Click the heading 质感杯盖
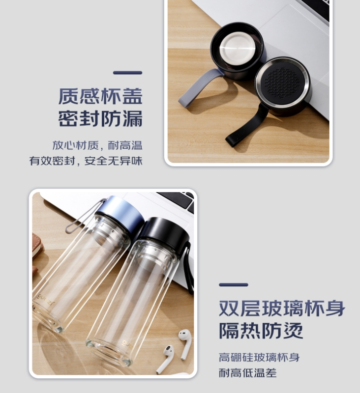click(x=100, y=96)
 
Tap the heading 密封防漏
click(x=100, y=118)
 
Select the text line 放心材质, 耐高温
click(x=97, y=145)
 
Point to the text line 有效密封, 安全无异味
click(x=86, y=161)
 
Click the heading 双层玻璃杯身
click(x=282, y=308)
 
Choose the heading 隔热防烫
click(x=261, y=330)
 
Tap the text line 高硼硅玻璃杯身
click(x=259, y=358)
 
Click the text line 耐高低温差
click(x=247, y=373)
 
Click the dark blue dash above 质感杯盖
click(x=128, y=73)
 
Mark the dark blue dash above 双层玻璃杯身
click(x=234, y=285)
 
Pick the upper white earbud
click(x=185, y=343)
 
